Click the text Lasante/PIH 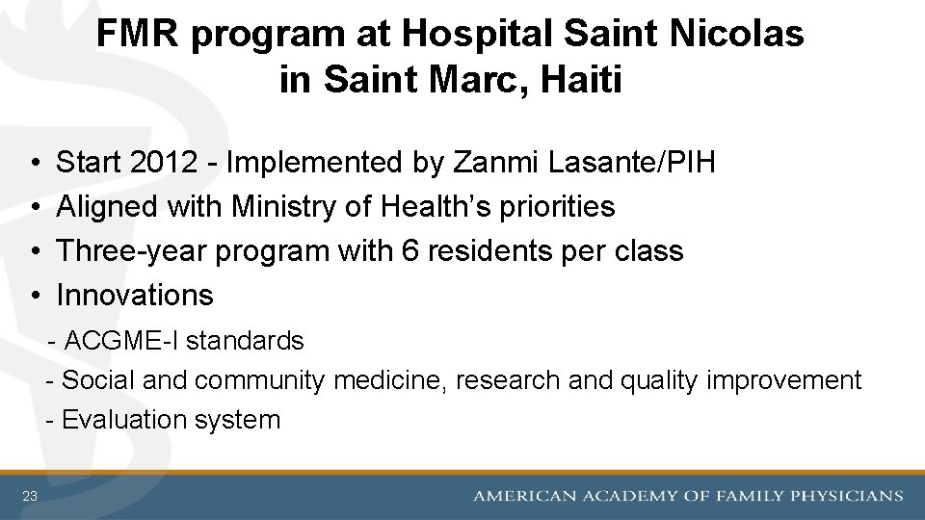(631, 163)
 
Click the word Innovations (135, 295)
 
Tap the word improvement (783, 381)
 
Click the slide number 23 (30, 496)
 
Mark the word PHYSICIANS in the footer (847, 496)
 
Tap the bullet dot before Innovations (34, 295)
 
